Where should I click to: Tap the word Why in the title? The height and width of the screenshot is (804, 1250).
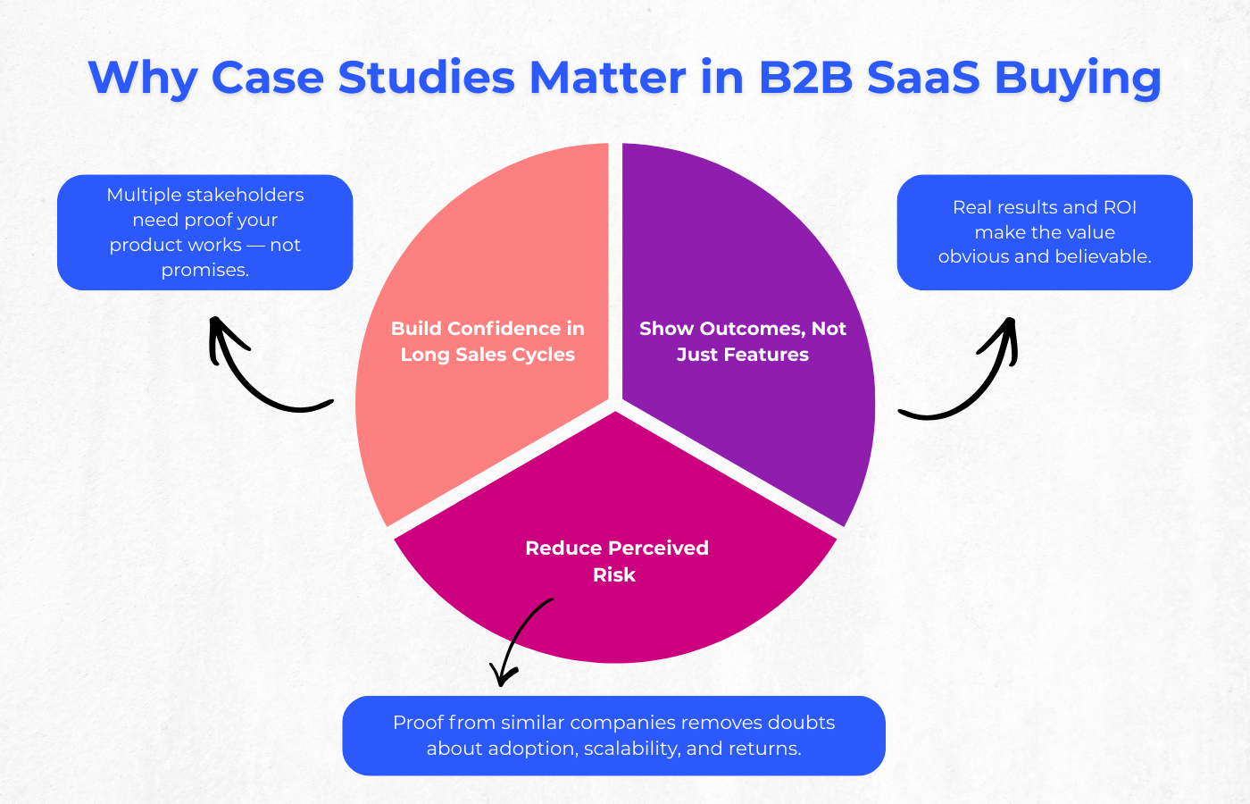[x=142, y=79]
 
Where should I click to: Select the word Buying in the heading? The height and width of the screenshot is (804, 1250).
[x=1078, y=79]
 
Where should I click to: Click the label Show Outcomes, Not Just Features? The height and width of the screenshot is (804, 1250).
[x=742, y=341]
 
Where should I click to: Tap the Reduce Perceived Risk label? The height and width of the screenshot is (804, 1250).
[x=616, y=561]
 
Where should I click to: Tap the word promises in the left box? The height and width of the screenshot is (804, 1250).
[x=204, y=270]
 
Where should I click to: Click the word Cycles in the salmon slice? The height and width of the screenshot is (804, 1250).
[x=542, y=355]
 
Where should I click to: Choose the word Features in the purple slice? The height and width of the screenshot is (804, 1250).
[x=772, y=355]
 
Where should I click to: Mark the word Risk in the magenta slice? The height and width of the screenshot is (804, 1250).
[x=614, y=574]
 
